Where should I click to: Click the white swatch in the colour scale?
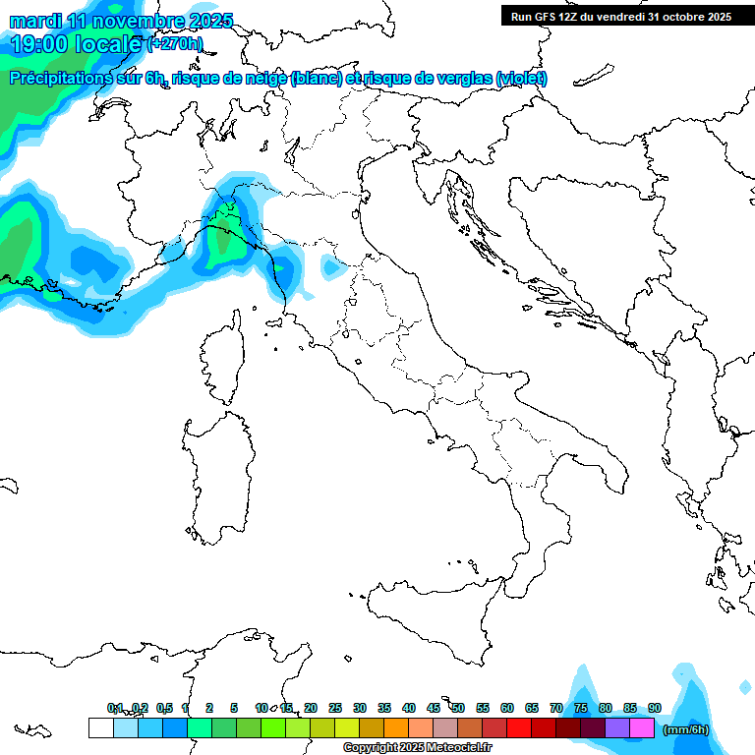click(100, 728)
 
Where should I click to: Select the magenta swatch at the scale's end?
click(642, 728)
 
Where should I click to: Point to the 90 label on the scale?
click(655, 708)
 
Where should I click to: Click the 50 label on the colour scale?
click(458, 708)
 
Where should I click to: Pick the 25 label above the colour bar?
click(335, 708)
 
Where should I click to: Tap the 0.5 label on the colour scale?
click(164, 708)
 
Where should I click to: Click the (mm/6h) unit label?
click(685, 729)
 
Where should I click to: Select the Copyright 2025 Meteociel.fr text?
click(418, 748)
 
